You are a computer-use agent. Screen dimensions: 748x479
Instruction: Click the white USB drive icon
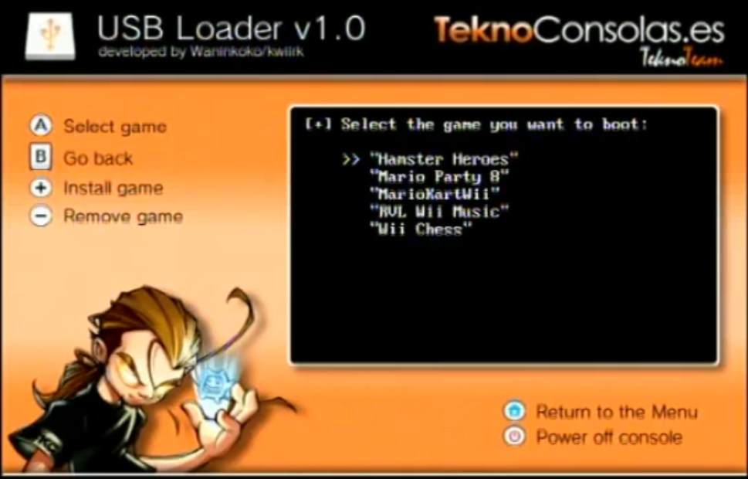pos(50,36)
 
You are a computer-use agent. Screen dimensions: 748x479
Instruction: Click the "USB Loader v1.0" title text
pos(232,28)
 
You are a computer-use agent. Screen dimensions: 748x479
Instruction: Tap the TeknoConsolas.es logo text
pos(579,30)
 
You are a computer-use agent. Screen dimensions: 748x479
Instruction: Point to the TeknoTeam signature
pos(681,58)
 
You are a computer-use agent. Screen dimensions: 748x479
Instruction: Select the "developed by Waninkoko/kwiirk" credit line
pos(201,52)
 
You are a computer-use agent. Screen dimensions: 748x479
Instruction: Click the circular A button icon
pos(41,126)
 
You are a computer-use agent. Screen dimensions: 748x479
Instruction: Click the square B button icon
pos(41,157)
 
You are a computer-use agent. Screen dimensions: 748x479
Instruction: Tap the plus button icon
pos(41,188)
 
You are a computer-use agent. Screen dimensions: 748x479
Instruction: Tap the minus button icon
pos(41,216)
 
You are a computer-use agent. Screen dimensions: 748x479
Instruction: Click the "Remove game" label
pos(123,217)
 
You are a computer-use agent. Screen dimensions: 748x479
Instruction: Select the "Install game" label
pos(113,189)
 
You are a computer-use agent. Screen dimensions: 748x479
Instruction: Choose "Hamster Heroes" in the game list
pos(444,158)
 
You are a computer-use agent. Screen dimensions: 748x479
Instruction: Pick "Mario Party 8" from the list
pos(439,177)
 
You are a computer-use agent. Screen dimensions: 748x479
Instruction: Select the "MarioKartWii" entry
pos(435,194)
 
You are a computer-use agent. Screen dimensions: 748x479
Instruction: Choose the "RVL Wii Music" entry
pos(439,211)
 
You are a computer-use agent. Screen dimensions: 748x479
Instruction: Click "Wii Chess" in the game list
pos(421,229)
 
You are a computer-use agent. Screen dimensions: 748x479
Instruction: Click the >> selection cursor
pos(351,159)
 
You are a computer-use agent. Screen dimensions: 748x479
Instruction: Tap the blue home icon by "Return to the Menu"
pos(514,411)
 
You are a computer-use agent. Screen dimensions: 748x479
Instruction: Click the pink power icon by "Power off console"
pos(514,437)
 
